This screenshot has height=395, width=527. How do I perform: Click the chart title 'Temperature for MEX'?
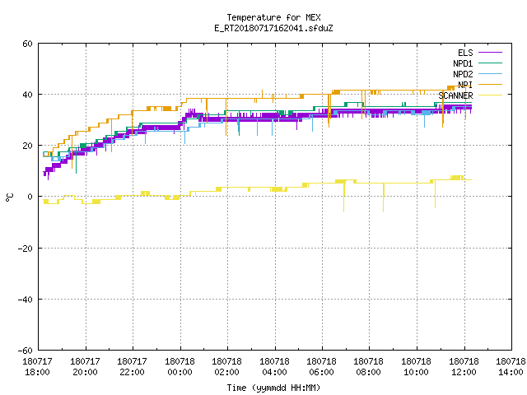273,17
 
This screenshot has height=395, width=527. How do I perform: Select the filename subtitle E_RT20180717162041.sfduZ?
273,28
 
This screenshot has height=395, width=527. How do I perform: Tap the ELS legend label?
465,53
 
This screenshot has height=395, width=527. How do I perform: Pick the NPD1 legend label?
463,63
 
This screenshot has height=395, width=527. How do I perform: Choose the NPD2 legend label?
463,74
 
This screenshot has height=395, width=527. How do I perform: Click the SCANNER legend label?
455,95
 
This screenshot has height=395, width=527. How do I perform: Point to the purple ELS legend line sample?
490,53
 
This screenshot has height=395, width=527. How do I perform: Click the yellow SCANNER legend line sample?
490,95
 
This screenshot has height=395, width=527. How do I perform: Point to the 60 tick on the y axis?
27,44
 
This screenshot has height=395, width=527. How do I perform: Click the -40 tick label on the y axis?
26,300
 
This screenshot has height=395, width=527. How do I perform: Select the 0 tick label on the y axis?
30,197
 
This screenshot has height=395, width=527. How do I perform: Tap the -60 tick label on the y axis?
26,351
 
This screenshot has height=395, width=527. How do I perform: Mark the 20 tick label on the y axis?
27,146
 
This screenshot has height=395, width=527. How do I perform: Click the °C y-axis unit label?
9,197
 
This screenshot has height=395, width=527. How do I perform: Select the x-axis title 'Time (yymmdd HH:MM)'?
273,388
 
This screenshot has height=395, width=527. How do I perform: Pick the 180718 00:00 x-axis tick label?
180,367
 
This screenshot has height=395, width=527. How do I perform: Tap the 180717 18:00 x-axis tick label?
38,367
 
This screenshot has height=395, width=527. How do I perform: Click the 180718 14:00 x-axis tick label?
511,367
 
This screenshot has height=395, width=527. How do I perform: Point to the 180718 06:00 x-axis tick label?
322,367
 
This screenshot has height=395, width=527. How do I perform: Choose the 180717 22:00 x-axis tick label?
132,367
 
